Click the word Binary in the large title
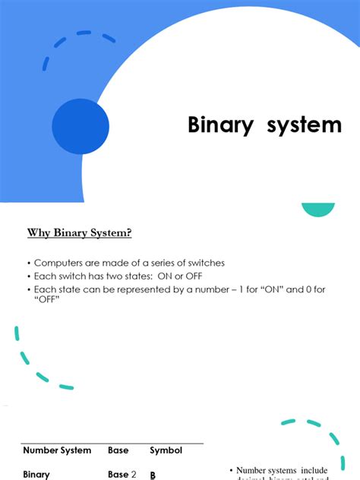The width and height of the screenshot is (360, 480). [x=220, y=125]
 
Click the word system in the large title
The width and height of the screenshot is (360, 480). [x=304, y=125]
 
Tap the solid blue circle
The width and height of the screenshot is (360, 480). [x=80, y=126]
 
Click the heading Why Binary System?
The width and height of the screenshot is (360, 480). [x=85, y=232]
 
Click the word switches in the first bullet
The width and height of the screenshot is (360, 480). [x=204, y=263]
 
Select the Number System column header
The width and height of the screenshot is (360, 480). [x=57, y=450]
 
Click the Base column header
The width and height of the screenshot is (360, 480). [x=118, y=450]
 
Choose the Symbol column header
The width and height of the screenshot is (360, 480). [x=166, y=450]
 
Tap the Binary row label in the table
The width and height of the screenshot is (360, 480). [x=36, y=475]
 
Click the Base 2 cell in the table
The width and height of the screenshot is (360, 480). [x=122, y=475]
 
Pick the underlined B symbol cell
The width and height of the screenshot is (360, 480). [x=153, y=475]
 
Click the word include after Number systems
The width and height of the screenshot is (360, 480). [x=312, y=471]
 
